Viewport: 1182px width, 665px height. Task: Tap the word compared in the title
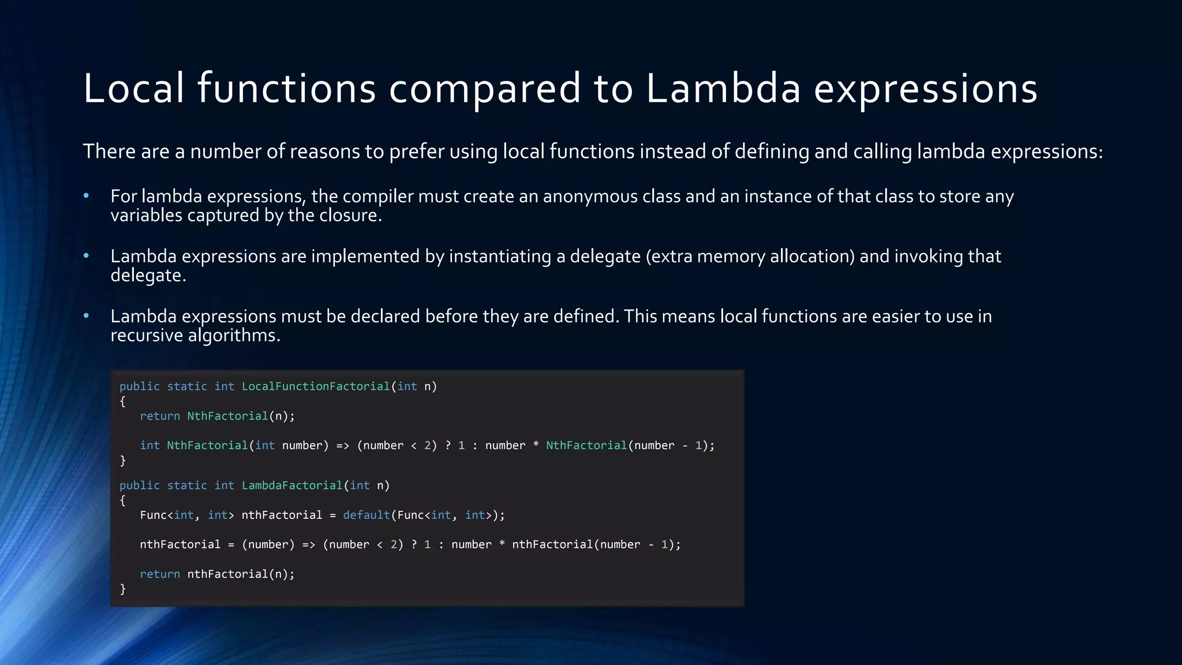pyautogui.click(x=485, y=89)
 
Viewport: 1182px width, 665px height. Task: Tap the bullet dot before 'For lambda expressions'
pyautogui.click(x=86, y=196)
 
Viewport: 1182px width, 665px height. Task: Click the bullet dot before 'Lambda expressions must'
pyautogui.click(x=86, y=316)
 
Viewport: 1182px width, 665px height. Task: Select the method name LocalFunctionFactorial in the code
pyautogui.click(x=316, y=386)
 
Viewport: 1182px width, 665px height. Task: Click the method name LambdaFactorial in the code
pyautogui.click(x=291, y=485)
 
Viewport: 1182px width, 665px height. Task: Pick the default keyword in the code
pyautogui.click(x=366, y=515)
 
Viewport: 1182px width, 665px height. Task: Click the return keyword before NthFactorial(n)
pyautogui.click(x=160, y=416)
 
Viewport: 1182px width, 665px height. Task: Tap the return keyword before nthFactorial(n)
pyautogui.click(x=160, y=574)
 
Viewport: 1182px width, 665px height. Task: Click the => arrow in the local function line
pyautogui.click(x=343, y=446)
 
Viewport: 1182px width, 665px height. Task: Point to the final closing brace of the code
pyautogui.click(x=122, y=589)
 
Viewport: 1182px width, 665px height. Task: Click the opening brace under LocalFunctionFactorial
pyautogui.click(x=122, y=401)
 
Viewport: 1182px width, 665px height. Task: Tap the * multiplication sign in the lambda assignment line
pyautogui.click(x=502, y=545)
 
